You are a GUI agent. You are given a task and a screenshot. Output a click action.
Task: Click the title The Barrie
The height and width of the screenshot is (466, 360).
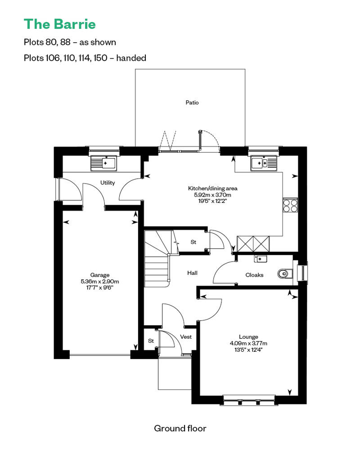(60, 24)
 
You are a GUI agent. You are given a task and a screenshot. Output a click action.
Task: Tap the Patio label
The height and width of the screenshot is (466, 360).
(192, 103)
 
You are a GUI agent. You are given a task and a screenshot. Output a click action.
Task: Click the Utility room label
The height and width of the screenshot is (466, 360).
(107, 183)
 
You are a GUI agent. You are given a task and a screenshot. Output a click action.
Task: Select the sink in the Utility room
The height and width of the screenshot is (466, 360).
(104, 163)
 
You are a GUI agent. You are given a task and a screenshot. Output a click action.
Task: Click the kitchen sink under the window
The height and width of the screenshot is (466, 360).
(264, 163)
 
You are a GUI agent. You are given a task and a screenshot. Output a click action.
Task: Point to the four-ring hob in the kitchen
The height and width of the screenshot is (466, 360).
(290, 205)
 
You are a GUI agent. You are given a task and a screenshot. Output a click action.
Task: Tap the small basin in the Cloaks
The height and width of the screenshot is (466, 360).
(261, 259)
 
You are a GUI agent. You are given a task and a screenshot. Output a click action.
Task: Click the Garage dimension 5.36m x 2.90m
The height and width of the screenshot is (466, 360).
(100, 282)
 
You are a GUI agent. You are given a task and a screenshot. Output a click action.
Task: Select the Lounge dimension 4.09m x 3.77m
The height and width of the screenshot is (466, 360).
(248, 343)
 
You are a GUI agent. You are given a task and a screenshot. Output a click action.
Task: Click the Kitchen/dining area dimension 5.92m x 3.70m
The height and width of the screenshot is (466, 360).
(212, 195)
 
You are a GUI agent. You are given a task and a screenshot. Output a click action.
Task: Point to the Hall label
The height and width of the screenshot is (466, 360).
(192, 273)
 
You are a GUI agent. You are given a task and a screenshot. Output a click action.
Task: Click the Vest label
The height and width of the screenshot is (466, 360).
(186, 337)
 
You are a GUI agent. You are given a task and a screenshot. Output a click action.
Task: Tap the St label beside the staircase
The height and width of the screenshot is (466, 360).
(193, 242)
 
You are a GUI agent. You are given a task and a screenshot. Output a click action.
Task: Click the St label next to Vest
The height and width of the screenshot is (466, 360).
(151, 341)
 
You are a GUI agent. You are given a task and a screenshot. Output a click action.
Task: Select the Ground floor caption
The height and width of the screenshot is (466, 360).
(180, 428)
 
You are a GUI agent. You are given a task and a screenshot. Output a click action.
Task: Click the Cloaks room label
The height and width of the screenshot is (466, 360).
(254, 275)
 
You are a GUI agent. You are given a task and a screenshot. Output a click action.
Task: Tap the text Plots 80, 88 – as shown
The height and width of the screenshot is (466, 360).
(70, 42)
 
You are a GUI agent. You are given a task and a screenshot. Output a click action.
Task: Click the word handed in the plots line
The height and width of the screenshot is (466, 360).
(131, 58)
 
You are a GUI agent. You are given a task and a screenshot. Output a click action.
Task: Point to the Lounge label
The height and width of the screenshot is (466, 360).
(248, 337)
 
